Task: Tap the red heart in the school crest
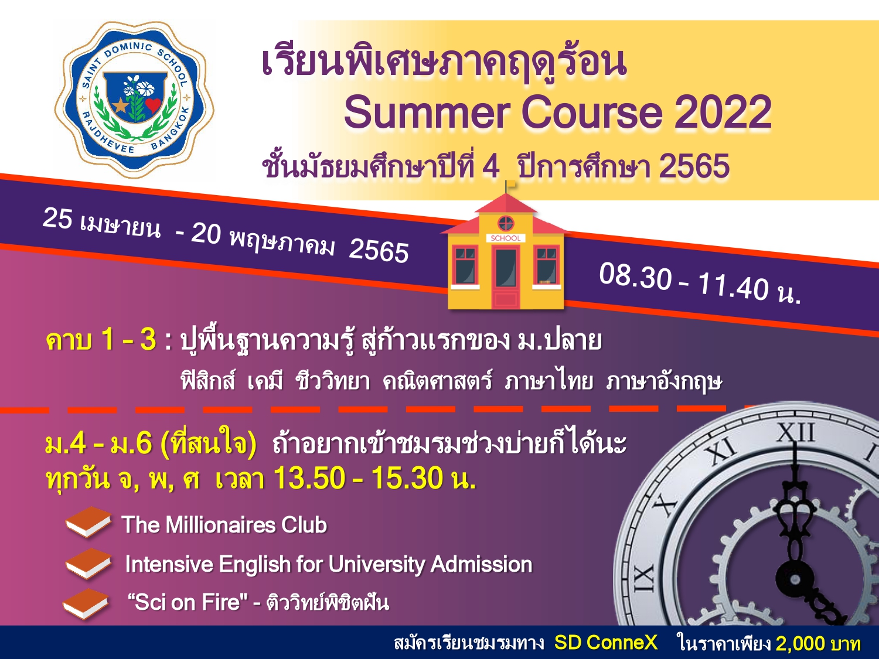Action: [152, 105]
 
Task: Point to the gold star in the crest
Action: [120, 105]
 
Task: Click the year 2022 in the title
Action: [723, 112]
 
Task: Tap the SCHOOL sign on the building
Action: [505, 238]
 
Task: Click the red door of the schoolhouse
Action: [506, 277]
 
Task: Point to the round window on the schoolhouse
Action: [506, 223]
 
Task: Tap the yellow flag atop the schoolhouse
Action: [510, 184]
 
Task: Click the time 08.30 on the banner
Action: [635, 276]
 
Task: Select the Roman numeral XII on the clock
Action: [796, 433]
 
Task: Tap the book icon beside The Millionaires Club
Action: [88, 521]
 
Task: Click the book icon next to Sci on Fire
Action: [86, 604]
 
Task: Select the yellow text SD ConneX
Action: [606, 643]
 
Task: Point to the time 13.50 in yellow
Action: [309, 478]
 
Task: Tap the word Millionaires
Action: [221, 524]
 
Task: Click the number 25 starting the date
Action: [57, 219]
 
